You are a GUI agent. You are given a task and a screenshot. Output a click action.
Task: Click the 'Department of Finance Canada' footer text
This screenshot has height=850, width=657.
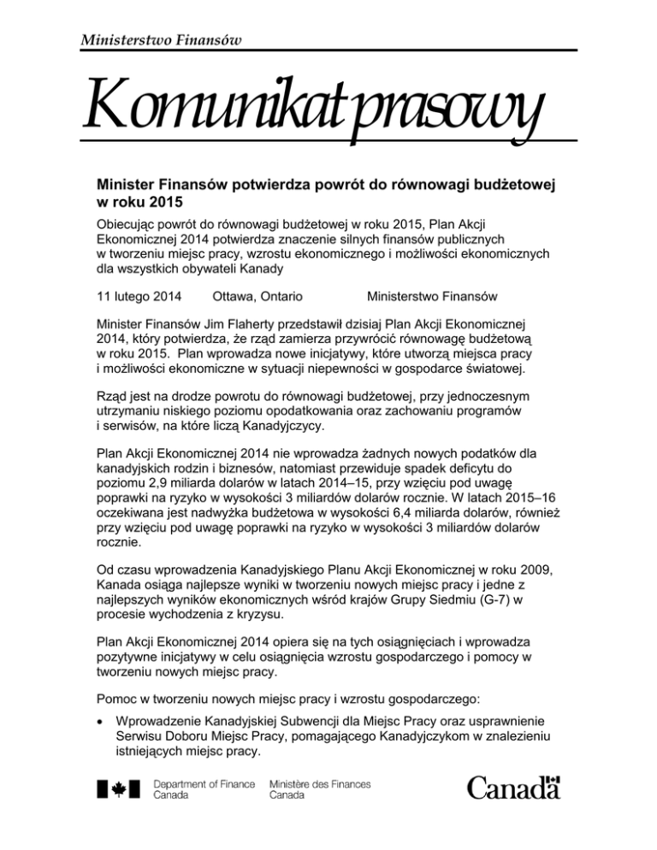203,788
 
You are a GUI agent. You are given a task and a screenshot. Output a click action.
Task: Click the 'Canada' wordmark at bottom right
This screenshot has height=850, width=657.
512,792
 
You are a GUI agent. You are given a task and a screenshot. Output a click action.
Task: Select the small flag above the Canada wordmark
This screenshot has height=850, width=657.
553,778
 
